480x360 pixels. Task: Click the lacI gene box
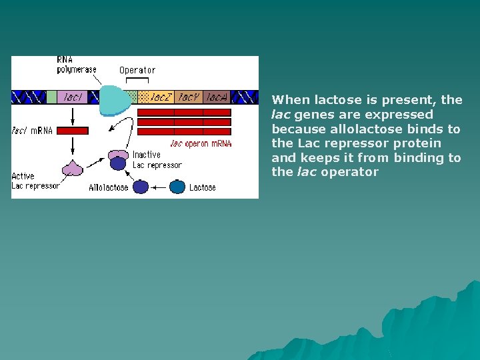click(73, 97)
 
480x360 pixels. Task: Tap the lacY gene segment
click(189, 97)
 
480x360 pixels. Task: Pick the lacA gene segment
click(217, 97)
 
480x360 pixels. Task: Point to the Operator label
click(137, 70)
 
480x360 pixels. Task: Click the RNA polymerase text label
click(76, 65)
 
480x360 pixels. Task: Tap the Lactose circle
click(177, 187)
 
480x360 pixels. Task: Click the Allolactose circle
click(141, 187)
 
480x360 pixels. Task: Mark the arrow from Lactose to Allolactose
click(159, 187)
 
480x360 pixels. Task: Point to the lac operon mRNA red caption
click(201, 143)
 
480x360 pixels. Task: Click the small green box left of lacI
click(51, 97)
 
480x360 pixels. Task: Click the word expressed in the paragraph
click(399, 114)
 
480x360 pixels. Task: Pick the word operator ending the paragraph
click(349, 172)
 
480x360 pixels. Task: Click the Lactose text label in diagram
click(203, 187)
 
